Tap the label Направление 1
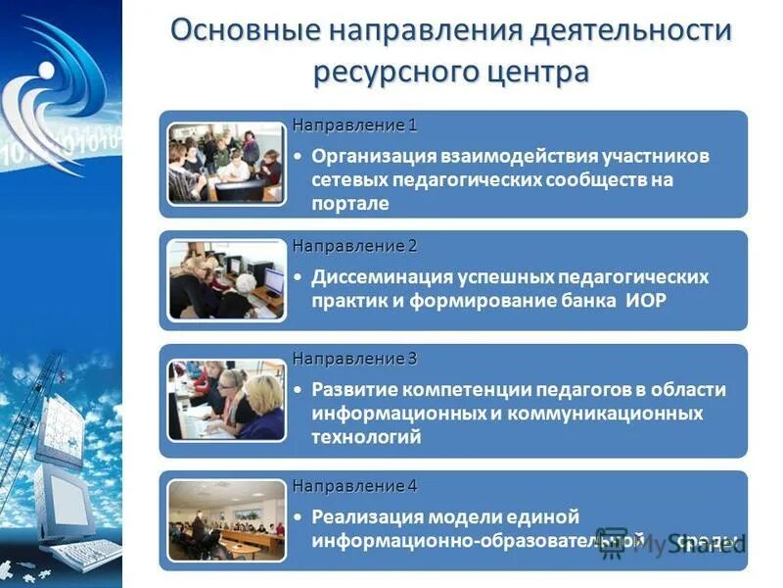point(354,125)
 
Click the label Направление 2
point(354,245)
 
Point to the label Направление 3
point(354,359)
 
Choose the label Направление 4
point(354,486)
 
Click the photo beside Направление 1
point(225,163)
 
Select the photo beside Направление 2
point(225,280)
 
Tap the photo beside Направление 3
point(225,400)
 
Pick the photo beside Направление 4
point(225,520)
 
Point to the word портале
point(350,204)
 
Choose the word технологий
point(367,437)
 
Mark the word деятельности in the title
point(631,29)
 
